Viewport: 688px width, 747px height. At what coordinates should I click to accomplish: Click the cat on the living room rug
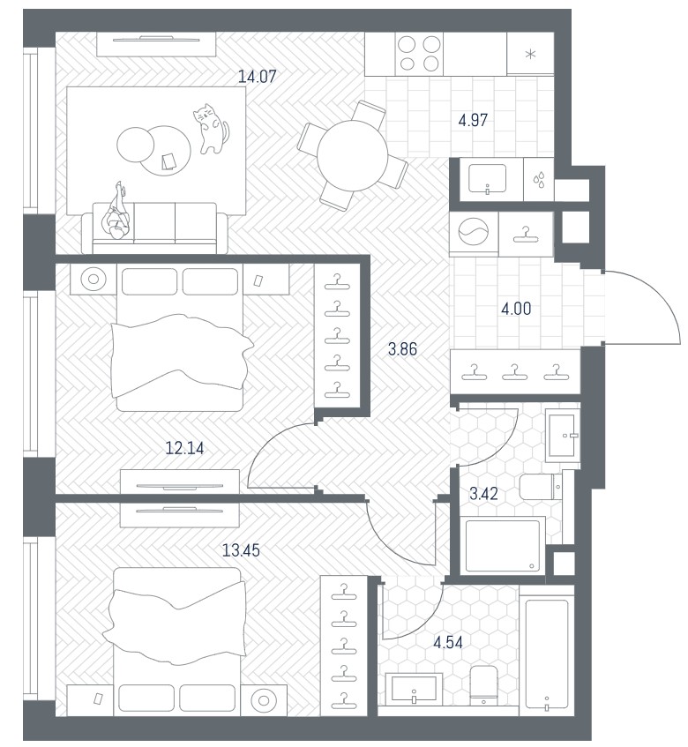click(211, 129)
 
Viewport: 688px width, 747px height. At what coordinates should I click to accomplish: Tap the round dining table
click(352, 156)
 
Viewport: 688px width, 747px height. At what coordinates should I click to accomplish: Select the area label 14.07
click(258, 76)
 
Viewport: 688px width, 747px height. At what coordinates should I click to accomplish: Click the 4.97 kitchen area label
click(473, 120)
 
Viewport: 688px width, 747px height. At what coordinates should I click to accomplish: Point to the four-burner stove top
click(419, 53)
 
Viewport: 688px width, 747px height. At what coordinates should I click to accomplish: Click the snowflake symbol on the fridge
click(530, 54)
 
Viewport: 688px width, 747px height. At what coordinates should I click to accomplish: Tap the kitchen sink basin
click(487, 179)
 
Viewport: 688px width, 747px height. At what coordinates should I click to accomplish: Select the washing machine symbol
click(474, 232)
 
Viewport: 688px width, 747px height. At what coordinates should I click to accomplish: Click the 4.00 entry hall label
click(516, 309)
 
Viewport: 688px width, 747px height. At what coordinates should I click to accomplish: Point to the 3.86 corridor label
click(402, 349)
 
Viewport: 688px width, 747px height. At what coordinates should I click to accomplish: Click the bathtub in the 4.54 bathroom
click(547, 654)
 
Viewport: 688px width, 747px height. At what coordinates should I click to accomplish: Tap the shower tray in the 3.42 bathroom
click(502, 546)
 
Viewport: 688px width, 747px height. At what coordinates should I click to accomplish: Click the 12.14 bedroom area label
click(184, 448)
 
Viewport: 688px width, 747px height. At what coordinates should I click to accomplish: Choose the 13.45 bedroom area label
click(241, 550)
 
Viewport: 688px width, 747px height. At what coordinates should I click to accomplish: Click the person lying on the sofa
click(116, 212)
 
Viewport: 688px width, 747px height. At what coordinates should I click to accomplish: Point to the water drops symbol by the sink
click(539, 181)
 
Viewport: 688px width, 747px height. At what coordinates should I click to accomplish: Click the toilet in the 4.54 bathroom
click(483, 684)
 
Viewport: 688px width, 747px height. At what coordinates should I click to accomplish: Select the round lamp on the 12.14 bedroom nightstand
click(93, 279)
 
